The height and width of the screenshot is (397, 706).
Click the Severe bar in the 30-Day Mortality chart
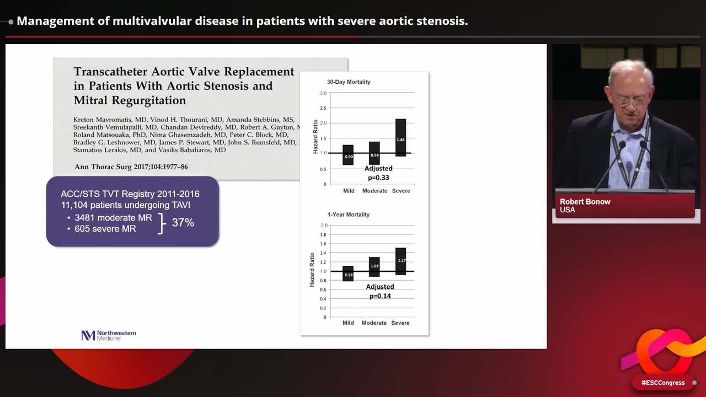tap(401, 138)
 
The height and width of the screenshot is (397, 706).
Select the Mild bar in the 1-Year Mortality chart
tap(348, 273)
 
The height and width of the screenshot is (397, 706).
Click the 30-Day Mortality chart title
tap(348, 82)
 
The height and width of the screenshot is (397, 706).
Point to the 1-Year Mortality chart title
tap(348, 214)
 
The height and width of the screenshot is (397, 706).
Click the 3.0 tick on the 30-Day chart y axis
tap(323, 93)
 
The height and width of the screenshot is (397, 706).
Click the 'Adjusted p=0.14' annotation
tap(379, 291)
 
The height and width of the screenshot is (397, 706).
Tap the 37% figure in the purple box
tap(183, 222)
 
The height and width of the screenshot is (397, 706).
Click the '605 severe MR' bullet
tap(105, 228)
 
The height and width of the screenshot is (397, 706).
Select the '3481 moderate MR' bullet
tap(113, 218)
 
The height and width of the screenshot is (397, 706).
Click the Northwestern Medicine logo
tap(109, 335)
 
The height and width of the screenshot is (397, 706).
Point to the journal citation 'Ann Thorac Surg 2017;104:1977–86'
tap(131, 167)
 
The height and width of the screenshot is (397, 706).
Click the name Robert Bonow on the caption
tap(585, 202)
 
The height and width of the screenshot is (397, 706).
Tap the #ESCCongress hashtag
tap(662, 383)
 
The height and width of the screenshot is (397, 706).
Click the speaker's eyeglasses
tap(630, 101)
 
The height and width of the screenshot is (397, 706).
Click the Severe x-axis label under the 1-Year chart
tap(400, 323)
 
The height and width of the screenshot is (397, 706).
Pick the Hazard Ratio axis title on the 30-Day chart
tap(316, 136)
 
